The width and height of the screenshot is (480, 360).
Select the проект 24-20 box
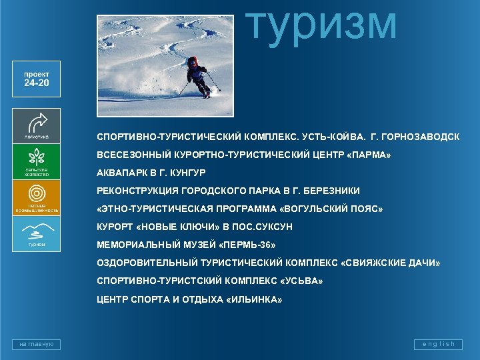36,79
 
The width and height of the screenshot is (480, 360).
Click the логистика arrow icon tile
36,125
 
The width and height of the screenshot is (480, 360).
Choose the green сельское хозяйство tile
36,161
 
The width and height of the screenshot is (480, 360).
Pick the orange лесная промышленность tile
36,198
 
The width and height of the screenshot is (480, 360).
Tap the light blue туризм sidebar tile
36,234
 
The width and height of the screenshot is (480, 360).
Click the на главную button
36,344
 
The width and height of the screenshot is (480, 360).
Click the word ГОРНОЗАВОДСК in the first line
422,137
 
